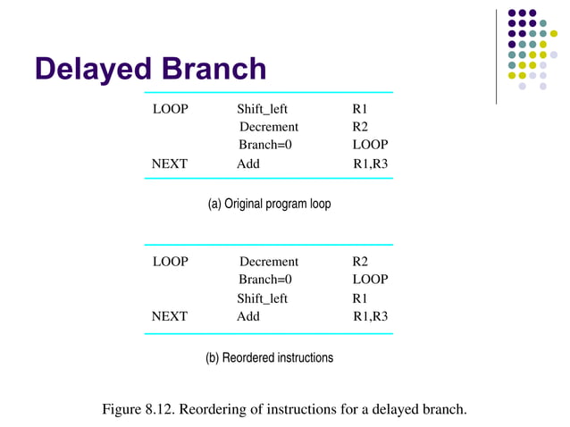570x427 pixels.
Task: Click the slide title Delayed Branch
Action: point(150,70)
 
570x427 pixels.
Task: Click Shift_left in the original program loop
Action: point(262,110)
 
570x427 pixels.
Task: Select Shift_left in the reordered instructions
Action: point(262,298)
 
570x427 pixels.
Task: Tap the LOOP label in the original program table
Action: point(170,110)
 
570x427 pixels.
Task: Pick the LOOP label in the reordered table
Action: point(170,262)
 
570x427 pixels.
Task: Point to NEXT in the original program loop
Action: point(170,163)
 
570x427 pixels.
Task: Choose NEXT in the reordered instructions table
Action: point(170,316)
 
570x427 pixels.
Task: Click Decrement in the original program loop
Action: point(269,127)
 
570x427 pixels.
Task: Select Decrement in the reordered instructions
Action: point(269,262)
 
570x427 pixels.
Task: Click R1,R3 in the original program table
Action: point(371,163)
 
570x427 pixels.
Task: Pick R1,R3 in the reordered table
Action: point(371,316)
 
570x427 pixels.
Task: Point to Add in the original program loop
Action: point(248,163)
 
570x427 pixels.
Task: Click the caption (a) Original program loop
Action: point(269,204)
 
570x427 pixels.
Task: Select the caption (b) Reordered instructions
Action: point(269,357)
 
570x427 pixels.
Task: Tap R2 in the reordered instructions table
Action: point(360,262)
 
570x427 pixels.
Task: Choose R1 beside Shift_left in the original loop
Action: point(360,110)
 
